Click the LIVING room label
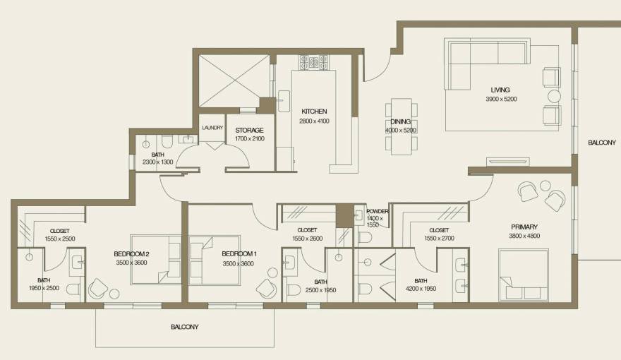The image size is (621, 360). pos(500,90)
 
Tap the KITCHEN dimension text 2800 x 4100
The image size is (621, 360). pos(314,121)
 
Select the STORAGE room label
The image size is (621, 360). pos(249,130)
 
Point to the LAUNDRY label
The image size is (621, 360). pos(212,128)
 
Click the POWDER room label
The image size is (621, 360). pos(377,211)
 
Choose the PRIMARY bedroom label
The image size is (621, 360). pos(524,227)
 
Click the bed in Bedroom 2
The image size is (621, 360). pos(155,259)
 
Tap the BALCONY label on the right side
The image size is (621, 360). pos(602,143)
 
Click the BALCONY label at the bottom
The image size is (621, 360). pos(184,327)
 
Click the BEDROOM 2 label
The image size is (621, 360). pos(131,254)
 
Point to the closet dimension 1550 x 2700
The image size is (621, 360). pos(439,239)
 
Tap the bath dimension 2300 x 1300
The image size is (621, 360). pos(158,162)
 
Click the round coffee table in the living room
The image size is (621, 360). pos(554,95)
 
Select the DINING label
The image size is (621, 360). pos(401,121)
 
